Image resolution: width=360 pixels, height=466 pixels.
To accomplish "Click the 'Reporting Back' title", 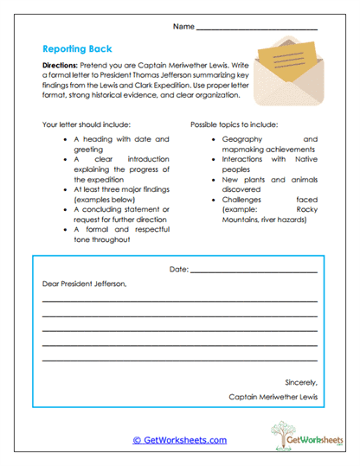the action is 77,48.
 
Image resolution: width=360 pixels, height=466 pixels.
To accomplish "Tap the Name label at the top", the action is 183,27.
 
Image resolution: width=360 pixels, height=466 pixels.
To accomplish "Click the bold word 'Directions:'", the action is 63,66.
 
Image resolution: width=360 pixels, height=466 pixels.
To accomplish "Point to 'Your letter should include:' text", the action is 93,124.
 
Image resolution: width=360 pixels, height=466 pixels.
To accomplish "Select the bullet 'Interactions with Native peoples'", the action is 269,163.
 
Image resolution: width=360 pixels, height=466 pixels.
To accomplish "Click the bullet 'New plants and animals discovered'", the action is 269,185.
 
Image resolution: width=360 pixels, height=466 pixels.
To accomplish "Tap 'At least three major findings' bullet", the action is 121,193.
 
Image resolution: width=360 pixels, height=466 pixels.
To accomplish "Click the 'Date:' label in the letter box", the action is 178,270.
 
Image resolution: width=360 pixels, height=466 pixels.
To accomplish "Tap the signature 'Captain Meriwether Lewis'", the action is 273,398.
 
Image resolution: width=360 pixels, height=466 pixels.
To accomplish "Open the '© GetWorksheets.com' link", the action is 179,440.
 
